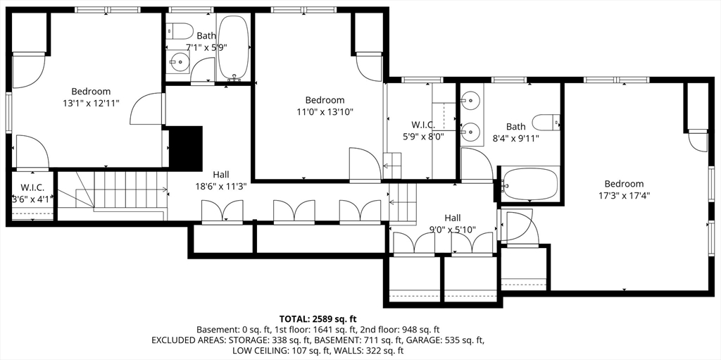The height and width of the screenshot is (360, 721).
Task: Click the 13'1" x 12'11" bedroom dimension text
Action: [x=91, y=104]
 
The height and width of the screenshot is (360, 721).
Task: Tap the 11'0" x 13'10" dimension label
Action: [x=325, y=112]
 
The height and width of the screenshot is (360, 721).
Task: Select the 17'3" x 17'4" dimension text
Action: [x=624, y=195]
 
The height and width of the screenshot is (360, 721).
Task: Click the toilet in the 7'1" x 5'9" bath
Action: [x=180, y=32]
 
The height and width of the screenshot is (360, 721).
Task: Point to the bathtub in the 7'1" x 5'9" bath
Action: [x=234, y=48]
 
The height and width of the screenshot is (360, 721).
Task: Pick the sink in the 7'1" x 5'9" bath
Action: [x=179, y=62]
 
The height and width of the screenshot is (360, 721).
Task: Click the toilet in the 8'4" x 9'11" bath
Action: [x=546, y=123]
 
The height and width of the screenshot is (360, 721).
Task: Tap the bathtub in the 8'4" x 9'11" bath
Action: [x=529, y=184]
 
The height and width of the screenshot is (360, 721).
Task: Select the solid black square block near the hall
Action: [x=186, y=148]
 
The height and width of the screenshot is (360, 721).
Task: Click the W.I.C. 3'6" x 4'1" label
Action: [x=32, y=193]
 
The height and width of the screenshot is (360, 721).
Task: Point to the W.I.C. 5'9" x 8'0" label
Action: [x=423, y=130]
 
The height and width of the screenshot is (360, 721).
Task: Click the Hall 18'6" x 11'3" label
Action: [x=220, y=180]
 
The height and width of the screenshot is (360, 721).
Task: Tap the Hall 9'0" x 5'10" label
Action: [x=453, y=223]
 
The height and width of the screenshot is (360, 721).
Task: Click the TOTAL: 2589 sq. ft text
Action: [x=318, y=318]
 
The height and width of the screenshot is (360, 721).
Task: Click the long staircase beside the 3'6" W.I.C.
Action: [x=112, y=192]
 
